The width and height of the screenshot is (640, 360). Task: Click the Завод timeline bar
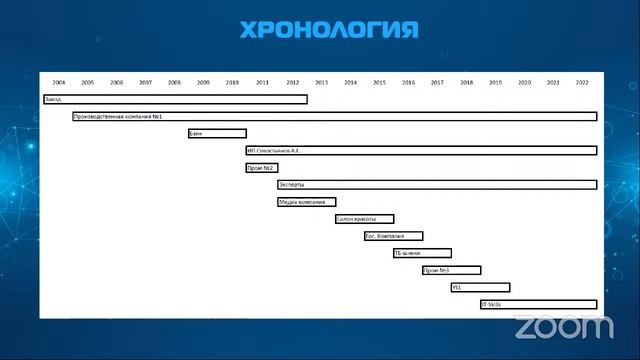(175, 99)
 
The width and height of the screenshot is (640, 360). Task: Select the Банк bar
(217, 133)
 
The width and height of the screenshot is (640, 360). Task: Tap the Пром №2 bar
(261, 167)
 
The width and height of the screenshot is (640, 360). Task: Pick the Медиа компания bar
(307, 202)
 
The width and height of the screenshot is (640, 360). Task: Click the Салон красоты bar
(364, 219)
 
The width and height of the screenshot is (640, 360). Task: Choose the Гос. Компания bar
(393, 236)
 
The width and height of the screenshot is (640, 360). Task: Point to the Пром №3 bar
(451, 270)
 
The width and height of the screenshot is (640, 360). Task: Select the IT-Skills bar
(538, 304)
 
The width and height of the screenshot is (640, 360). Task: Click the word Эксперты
(292, 185)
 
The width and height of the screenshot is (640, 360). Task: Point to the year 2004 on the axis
(59, 82)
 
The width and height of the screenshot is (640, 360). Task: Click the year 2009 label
(204, 82)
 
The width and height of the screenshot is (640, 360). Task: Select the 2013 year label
(321, 82)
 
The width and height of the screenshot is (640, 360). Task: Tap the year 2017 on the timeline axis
(437, 82)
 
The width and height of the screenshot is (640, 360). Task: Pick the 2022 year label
(582, 82)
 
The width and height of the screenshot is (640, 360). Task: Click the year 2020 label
(524, 82)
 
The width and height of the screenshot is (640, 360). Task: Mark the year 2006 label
(117, 82)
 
